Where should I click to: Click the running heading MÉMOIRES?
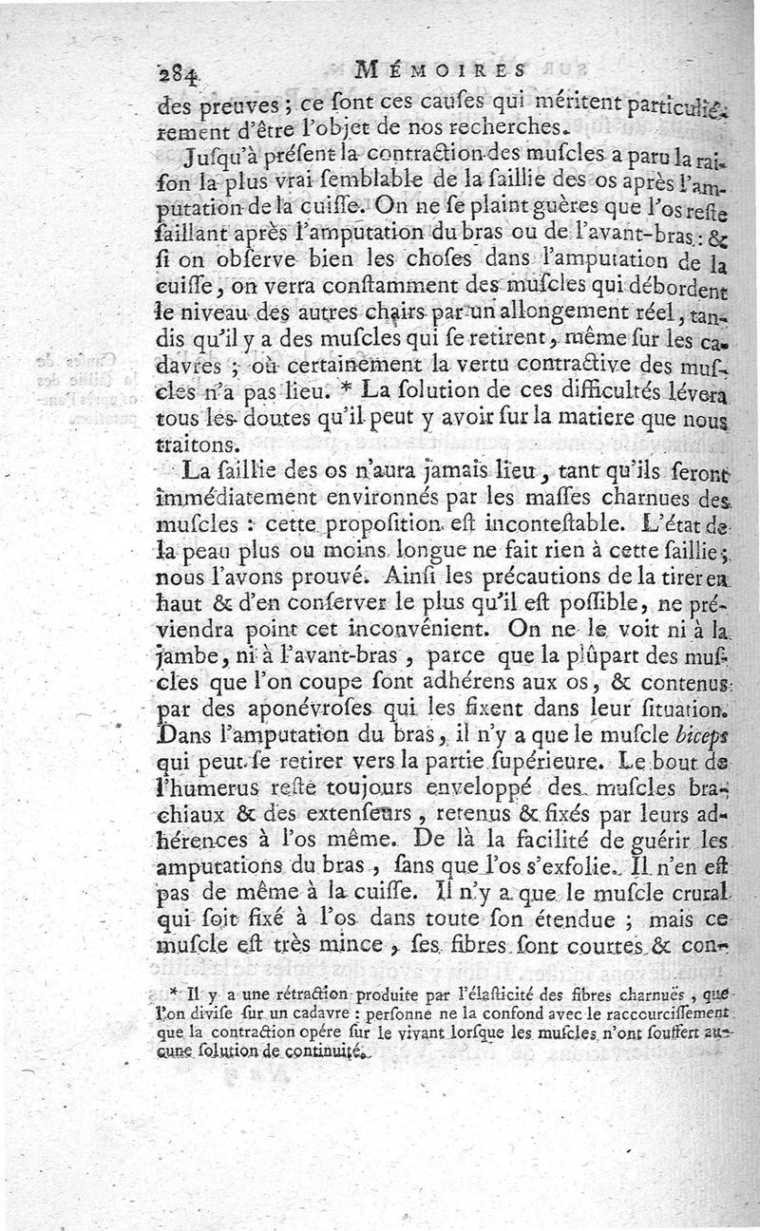[441, 68]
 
